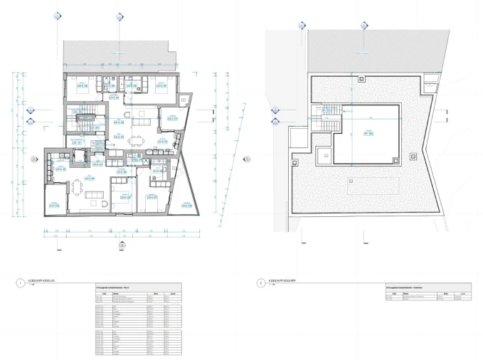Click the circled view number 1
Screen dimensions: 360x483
pos(19,282)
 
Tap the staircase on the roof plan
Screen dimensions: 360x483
pos(328,114)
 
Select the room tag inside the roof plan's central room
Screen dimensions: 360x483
pos(369,132)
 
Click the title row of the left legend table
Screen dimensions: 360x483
pos(135,287)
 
